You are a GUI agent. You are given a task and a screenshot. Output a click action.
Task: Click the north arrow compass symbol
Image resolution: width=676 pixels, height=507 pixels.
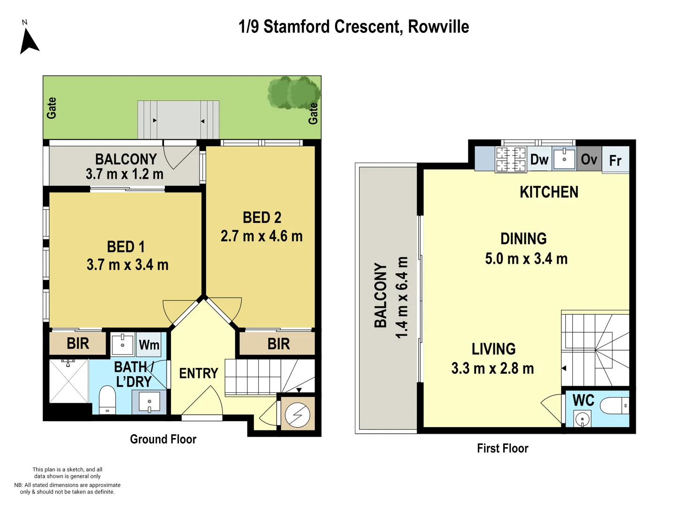[x=29, y=41]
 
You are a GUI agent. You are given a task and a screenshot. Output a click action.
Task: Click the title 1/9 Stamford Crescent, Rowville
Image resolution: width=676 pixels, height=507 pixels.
[x=353, y=27]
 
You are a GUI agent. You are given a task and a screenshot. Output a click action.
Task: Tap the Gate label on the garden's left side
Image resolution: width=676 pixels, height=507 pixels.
[x=52, y=108]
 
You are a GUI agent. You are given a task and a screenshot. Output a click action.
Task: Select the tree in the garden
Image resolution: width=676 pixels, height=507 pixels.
[x=294, y=92]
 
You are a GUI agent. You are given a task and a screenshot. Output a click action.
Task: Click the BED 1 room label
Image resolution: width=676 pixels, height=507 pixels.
[x=126, y=247]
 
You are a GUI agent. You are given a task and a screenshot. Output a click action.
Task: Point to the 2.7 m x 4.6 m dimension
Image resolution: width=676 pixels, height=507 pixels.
[x=261, y=236]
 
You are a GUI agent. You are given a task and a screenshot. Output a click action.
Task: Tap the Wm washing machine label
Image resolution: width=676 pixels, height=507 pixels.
[x=149, y=345]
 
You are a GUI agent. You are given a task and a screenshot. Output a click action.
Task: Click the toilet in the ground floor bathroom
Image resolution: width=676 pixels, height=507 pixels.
[x=108, y=400]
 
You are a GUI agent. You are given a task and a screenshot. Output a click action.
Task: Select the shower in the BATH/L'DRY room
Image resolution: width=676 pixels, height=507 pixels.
[x=69, y=381]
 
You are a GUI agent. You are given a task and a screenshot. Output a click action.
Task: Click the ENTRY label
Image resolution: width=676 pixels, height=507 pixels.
[x=199, y=373]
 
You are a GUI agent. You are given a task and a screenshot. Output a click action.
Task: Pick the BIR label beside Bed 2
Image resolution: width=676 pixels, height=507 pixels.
[x=278, y=344]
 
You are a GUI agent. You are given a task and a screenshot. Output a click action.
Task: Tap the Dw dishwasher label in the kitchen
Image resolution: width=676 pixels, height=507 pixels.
[x=539, y=160]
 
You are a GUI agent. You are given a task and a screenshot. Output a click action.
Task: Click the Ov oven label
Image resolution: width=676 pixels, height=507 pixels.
[x=589, y=160]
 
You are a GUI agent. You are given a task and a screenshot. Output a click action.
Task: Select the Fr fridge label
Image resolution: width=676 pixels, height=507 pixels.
[x=615, y=161]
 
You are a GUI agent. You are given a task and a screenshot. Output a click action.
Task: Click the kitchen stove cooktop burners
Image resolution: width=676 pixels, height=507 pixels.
[x=511, y=160]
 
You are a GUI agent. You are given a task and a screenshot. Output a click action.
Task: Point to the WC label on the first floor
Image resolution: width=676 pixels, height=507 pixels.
[x=584, y=400]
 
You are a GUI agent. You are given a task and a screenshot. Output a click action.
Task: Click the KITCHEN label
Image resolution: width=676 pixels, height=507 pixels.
[x=549, y=192]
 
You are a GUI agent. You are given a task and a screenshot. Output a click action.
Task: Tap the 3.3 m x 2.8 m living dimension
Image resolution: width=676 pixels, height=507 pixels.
[x=492, y=369]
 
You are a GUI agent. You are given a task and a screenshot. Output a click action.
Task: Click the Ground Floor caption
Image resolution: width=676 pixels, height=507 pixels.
[x=163, y=439]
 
